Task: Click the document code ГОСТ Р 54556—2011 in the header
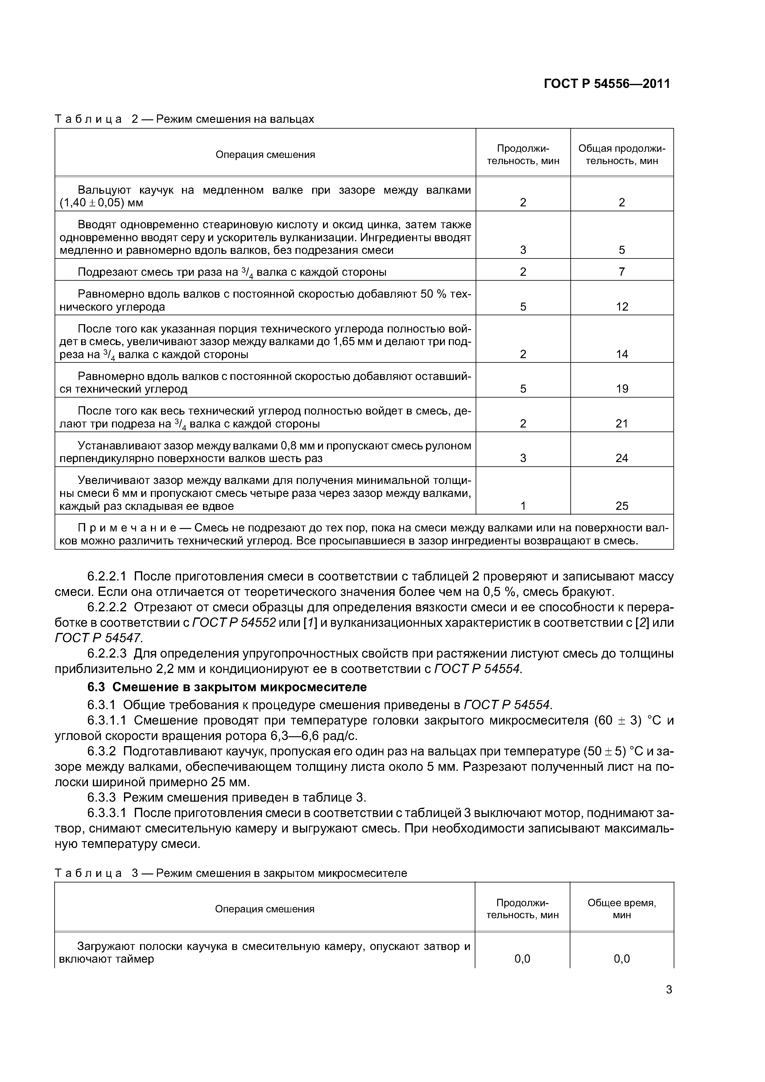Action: (607, 84)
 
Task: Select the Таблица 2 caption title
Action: (184, 119)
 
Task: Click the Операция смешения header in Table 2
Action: (265, 155)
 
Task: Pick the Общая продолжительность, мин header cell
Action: (622, 155)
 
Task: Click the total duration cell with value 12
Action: (622, 307)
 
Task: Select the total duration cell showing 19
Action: (622, 389)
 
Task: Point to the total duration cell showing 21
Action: (622, 424)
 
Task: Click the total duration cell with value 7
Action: (622, 272)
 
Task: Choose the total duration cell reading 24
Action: (622, 458)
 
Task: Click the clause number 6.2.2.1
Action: (107, 576)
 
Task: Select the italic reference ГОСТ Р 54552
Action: (234, 623)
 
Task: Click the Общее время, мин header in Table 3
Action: (622, 909)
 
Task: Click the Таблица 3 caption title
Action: (231, 873)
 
